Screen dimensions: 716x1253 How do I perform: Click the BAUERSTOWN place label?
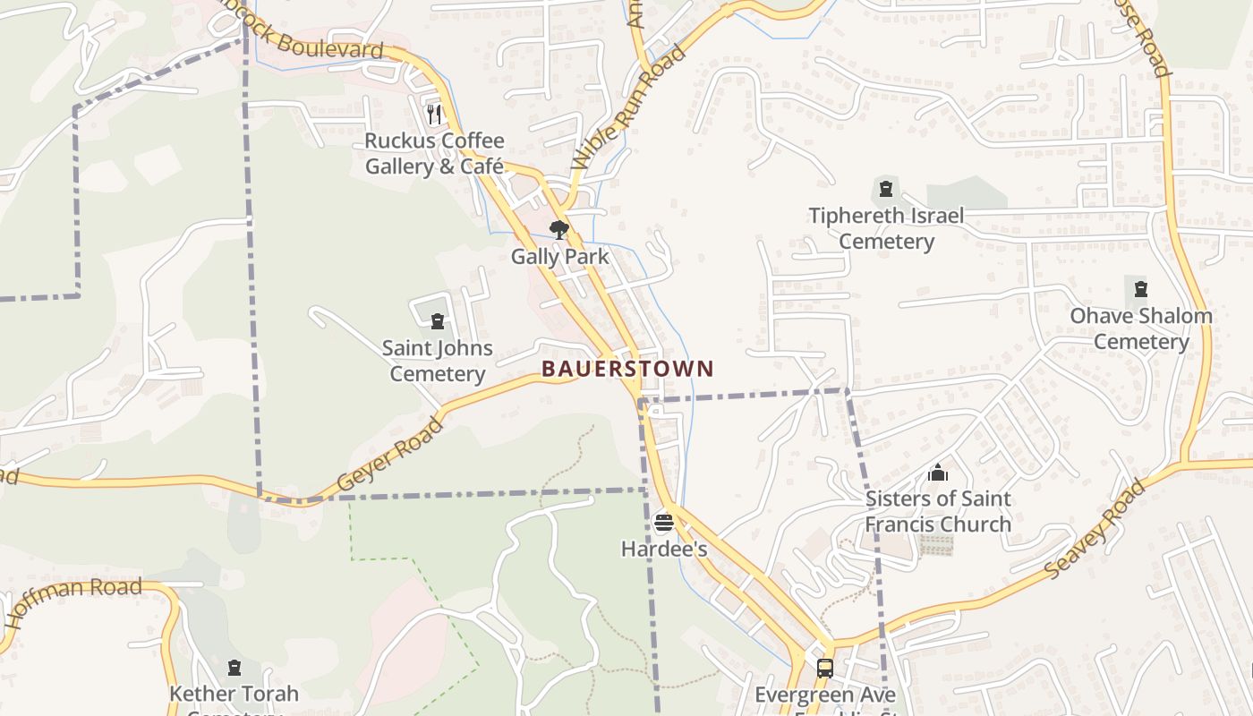(x=627, y=369)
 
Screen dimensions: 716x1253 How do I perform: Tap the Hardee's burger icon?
(x=663, y=523)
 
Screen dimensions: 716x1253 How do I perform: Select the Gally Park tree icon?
(x=559, y=230)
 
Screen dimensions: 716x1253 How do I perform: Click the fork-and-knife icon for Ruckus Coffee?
(x=434, y=114)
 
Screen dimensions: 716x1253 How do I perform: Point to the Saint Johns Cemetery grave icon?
(x=438, y=321)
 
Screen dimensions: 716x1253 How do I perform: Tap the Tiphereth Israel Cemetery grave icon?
(x=886, y=189)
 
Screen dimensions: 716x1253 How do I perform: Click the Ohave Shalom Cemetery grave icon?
(x=1141, y=289)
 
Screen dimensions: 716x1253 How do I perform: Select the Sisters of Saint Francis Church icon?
(x=938, y=473)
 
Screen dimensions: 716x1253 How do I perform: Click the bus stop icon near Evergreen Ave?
(x=824, y=668)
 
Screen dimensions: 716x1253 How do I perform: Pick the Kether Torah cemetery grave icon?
(x=234, y=668)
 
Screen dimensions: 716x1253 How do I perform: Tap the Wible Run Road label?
(x=629, y=106)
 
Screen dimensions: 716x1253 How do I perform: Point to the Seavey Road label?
(x=1095, y=529)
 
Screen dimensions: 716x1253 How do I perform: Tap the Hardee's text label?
(x=664, y=549)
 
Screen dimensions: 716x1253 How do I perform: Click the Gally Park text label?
(x=559, y=257)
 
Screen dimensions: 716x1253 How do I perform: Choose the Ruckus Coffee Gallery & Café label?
(x=435, y=154)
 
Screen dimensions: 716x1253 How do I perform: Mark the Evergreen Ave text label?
(x=824, y=695)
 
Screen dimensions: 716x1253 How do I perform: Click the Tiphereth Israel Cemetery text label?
(x=886, y=228)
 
